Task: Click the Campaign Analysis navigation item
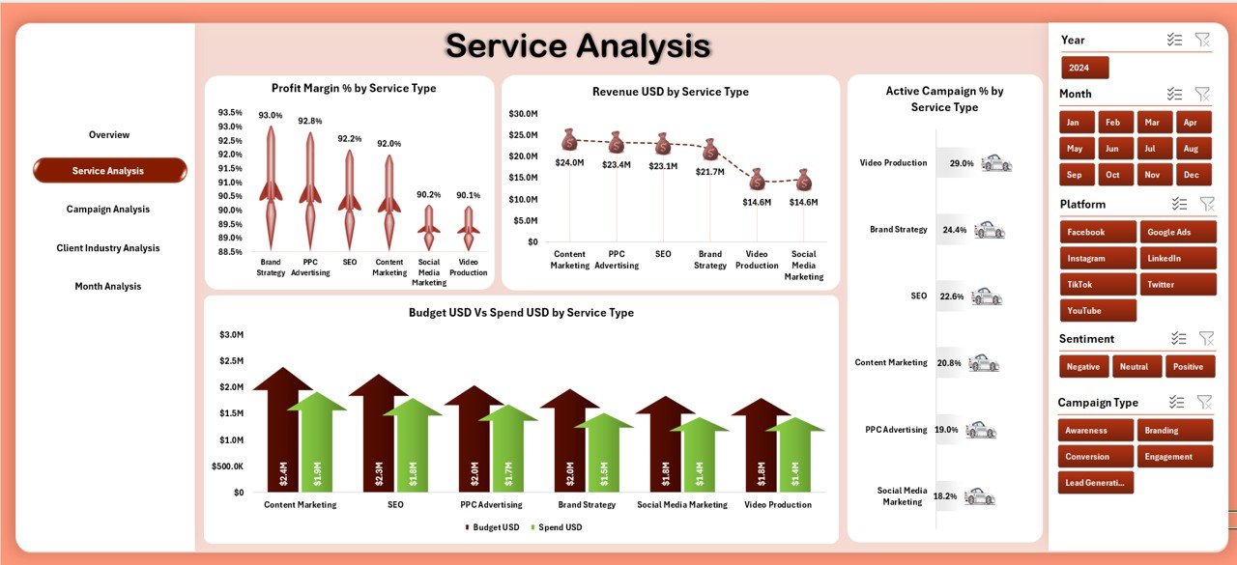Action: (108, 210)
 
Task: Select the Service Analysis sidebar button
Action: (108, 171)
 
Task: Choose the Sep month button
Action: (1074, 175)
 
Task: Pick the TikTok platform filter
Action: (1097, 285)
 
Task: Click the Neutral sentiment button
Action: (1136, 367)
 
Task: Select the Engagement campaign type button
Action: (1174, 456)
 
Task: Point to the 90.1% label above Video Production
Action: (469, 195)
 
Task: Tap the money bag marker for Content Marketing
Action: (569, 141)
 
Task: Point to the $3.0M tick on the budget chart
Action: (232, 335)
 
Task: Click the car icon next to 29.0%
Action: (996, 163)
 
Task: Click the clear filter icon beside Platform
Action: (1206, 204)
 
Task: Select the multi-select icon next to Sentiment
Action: (1177, 338)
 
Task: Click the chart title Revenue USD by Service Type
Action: (670, 93)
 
